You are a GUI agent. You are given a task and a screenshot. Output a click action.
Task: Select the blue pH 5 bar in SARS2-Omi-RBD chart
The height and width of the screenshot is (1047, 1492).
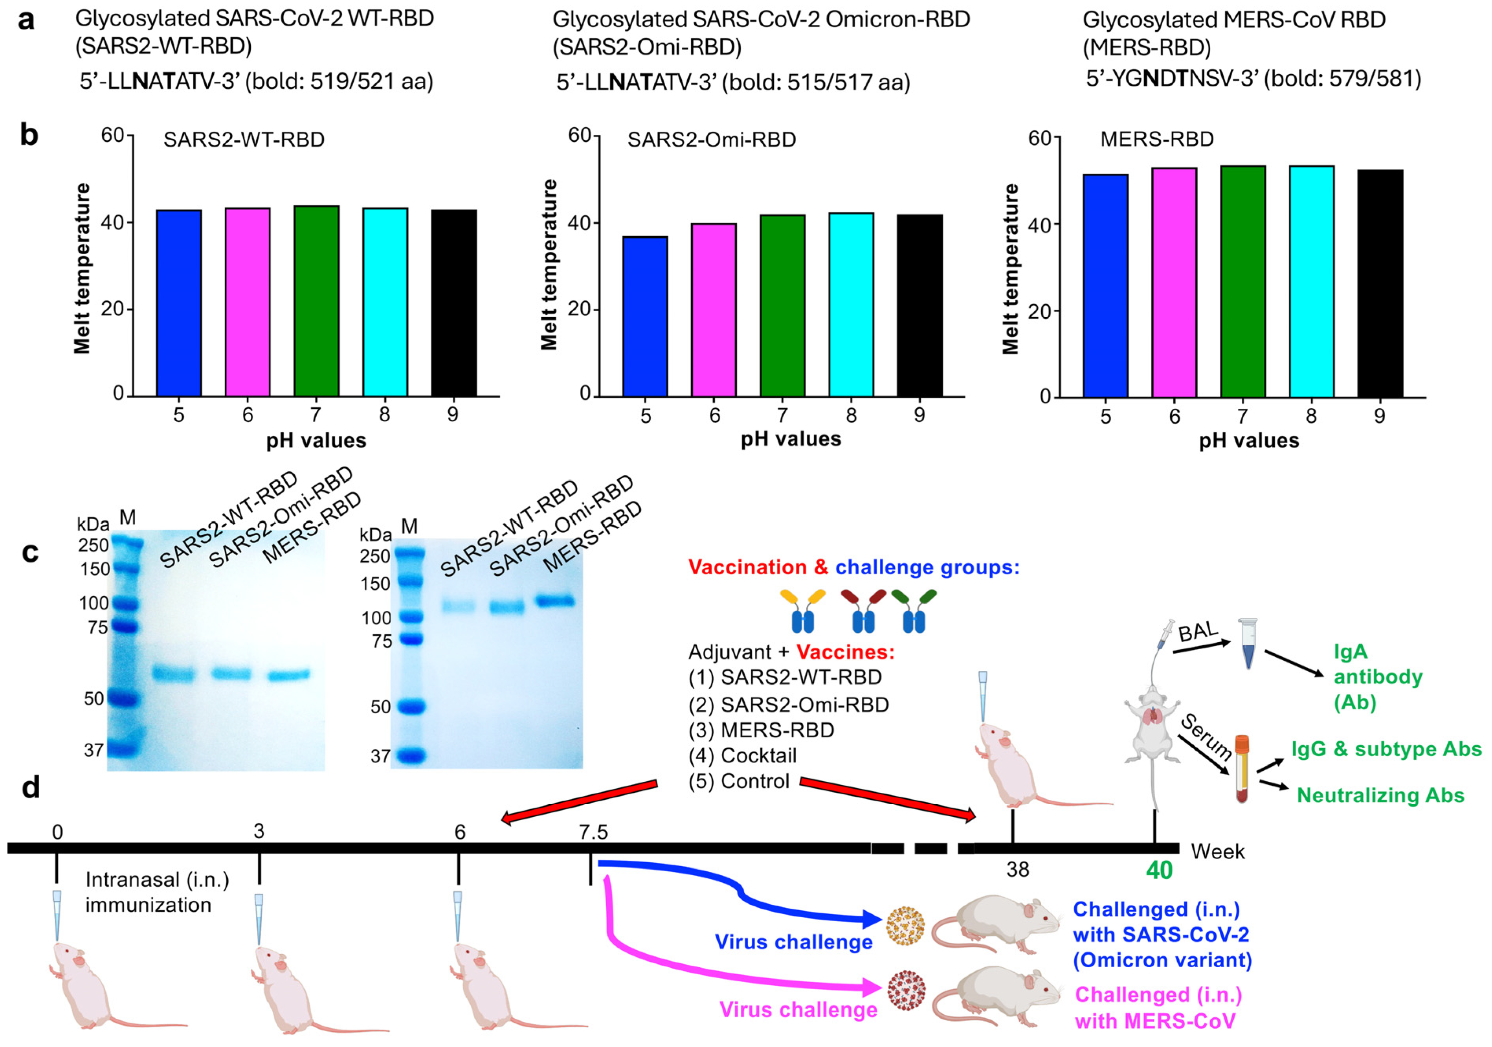[645, 316]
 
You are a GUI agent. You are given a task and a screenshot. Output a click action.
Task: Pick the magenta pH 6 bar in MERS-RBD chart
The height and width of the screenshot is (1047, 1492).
[1174, 283]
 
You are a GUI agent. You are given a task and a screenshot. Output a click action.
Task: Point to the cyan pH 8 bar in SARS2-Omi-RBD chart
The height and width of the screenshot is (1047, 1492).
[851, 305]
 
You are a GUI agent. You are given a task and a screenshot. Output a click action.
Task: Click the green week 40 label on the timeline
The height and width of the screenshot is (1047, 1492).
[1159, 870]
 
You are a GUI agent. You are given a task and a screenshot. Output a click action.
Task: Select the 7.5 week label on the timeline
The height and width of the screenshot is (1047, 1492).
[593, 831]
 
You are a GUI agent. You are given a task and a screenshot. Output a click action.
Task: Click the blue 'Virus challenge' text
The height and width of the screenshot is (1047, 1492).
[793, 942]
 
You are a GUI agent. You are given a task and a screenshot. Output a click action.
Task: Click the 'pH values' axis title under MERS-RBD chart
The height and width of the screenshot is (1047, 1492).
[1248, 441]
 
